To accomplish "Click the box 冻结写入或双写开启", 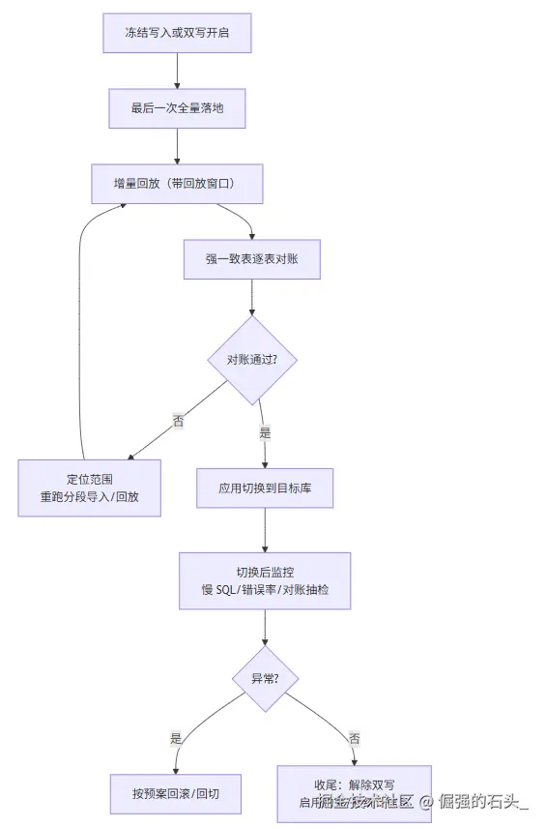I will coord(177,34).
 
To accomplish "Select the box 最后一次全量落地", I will coord(177,108).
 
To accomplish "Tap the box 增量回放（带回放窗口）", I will coord(177,183).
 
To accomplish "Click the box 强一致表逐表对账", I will coord(251,258).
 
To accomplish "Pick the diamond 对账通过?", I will coord(251,359).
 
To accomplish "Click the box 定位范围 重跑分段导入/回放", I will coord(89,488).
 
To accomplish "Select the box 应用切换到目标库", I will coord(265,488).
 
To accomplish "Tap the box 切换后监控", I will coord(265,580).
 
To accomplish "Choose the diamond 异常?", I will coord(265,678).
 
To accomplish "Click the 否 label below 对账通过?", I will coord(178,421).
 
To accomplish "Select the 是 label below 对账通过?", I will coord(264,434).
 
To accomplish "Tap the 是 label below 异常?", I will coord(176,738).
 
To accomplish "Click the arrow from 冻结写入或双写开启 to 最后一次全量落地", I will coord(177,71).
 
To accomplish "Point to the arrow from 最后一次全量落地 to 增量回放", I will coord(177,145).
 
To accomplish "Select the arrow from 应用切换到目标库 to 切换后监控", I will coord(265,529).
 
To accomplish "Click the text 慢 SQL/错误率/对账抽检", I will coord(265,589).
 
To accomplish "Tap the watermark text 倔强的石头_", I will coord(483,801).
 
